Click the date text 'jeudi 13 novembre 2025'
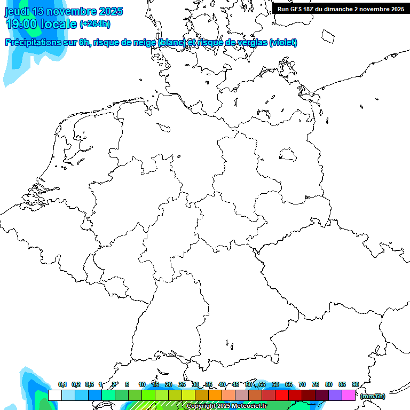64,11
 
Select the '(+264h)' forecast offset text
95,24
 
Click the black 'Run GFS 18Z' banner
341,9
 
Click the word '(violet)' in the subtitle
283,43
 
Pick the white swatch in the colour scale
55,395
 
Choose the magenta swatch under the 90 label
349,395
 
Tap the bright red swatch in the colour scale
282,395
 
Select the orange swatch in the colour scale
215,395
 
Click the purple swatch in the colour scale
335,395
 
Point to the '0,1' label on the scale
62,385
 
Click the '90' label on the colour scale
355,385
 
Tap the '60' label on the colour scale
275,385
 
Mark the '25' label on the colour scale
182,385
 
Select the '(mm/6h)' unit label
372,396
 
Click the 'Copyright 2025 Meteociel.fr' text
226,406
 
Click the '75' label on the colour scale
316,385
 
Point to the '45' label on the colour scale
235,385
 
